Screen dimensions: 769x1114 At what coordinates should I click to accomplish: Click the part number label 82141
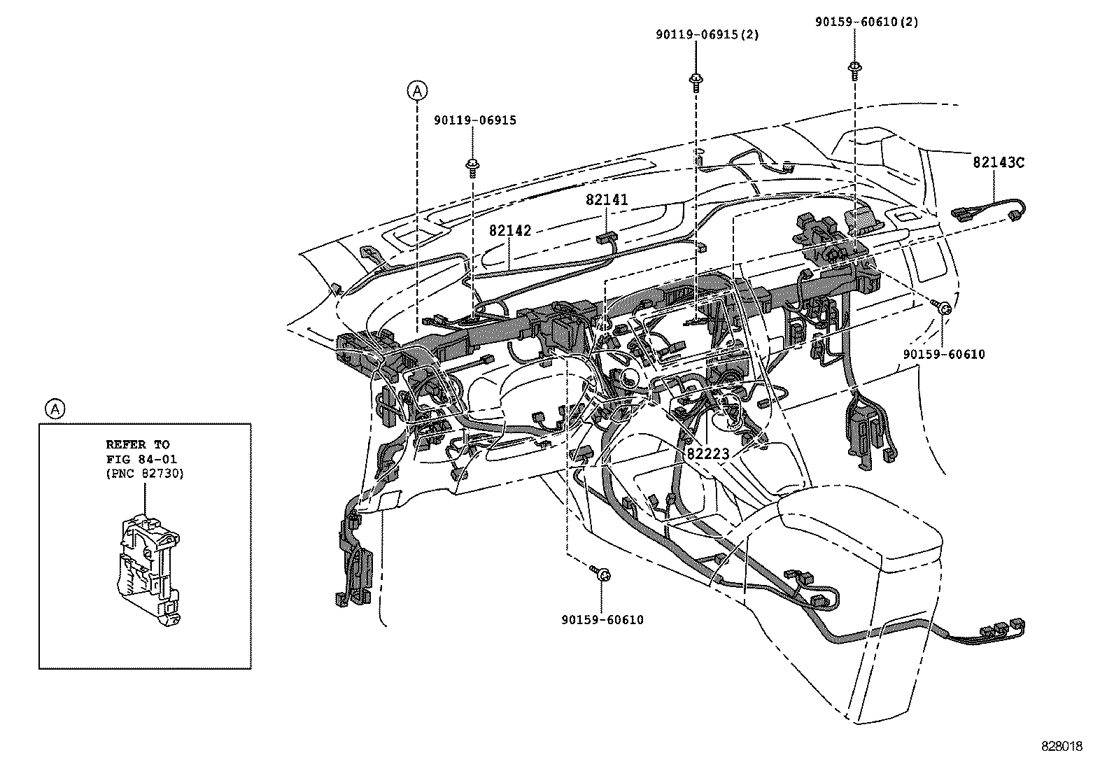607,200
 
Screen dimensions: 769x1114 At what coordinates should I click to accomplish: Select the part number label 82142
510,230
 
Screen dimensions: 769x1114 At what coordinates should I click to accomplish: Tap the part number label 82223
708,453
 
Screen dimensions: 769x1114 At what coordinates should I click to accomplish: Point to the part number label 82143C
999,162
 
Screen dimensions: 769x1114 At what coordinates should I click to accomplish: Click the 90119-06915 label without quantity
474,120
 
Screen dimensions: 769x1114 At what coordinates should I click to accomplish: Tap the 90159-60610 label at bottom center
602,619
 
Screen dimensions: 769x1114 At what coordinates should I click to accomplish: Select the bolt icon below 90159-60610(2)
854,68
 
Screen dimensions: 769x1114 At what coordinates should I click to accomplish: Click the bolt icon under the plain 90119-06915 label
474,166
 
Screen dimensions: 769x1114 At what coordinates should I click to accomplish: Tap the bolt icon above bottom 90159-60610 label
601,574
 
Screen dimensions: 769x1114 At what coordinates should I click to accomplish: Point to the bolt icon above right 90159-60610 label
942,307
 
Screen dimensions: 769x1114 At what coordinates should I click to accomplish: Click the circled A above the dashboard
417,90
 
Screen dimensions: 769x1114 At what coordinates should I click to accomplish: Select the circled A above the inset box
55,409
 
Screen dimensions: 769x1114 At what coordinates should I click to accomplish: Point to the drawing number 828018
1060,747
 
